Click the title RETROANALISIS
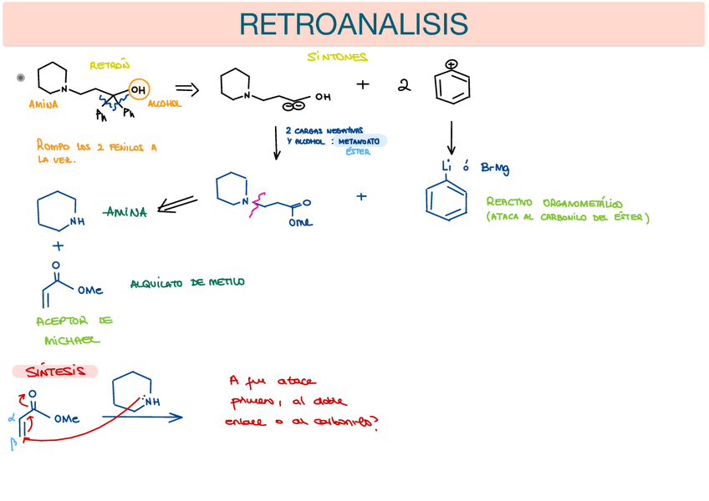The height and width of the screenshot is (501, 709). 354,24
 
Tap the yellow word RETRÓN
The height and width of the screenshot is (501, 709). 110,65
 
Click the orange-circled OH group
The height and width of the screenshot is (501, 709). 139,89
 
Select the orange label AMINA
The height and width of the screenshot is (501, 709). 43,105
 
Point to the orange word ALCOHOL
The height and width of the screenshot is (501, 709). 164,104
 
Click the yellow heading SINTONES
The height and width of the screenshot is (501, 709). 337,57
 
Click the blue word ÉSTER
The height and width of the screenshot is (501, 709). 358,152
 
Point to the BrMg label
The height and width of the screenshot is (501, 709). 495,169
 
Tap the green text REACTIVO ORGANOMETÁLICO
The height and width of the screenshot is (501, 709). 555,203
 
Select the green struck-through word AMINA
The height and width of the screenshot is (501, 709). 125,212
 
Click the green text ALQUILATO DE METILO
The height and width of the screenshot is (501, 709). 187,283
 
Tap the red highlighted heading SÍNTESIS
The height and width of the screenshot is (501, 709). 54,371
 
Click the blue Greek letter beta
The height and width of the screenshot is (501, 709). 13,444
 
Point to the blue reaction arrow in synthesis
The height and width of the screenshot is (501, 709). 142,417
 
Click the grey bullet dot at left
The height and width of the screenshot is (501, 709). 21,78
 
